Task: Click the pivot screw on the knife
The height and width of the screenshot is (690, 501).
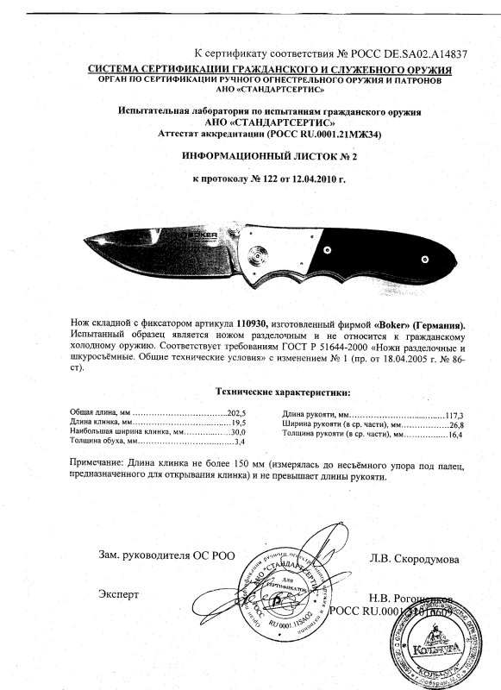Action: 256,254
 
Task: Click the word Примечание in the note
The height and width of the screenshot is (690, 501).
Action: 98,464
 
